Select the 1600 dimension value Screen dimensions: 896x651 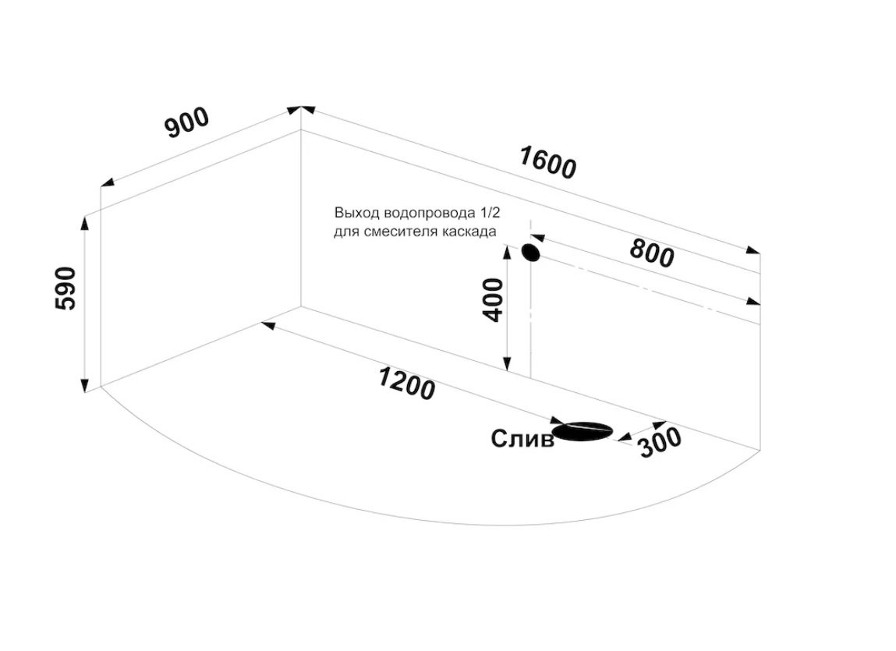[x=548, y=163]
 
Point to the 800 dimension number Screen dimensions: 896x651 [x=652, y=253]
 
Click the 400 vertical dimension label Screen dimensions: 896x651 [x=493, y=300]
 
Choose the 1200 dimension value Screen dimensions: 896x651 [x=407, y=384]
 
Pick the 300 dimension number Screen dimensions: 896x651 [x=660, y=443]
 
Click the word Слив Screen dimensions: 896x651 [x=522, y=439]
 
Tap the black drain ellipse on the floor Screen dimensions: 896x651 [x=583, y=431]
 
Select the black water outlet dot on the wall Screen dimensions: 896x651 [x=531, y=252]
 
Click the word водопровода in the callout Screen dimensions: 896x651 [x=430, y=213]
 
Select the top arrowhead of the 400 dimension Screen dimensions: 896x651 [x=507, y=252]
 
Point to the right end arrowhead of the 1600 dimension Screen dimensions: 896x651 [x=753, y=249]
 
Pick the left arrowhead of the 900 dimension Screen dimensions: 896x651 [x=108, y=182]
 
